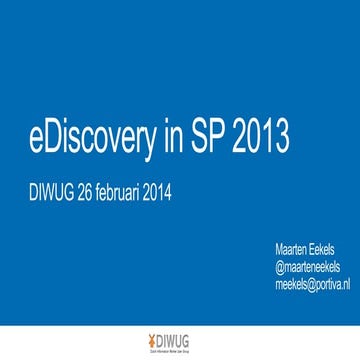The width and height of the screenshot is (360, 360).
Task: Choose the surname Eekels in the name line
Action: point(325,248)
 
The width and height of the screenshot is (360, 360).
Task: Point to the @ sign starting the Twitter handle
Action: point(278,266)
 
